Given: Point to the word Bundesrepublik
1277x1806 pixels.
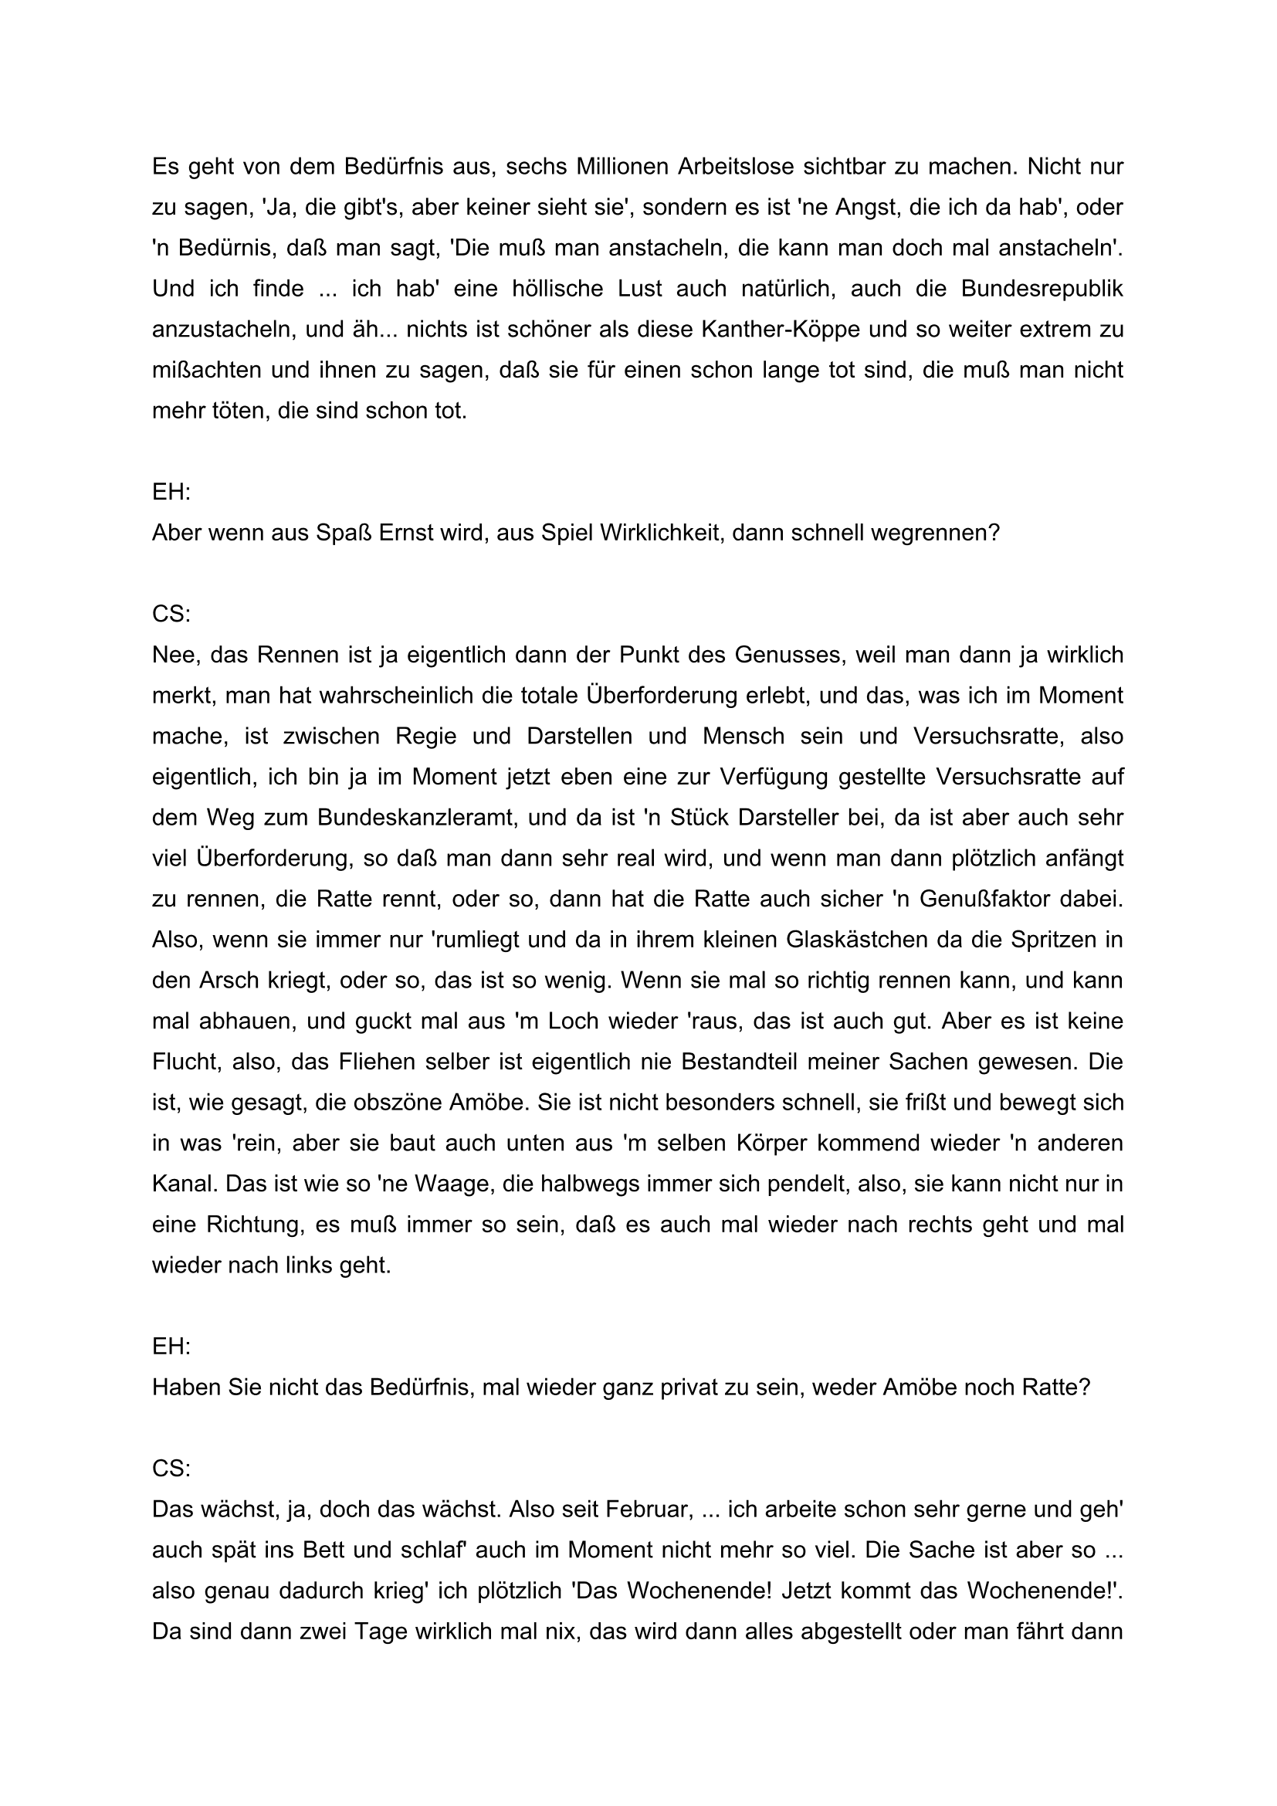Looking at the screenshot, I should tap(1042, 289).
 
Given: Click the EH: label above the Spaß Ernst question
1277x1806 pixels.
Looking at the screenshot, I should tap(171, 493).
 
